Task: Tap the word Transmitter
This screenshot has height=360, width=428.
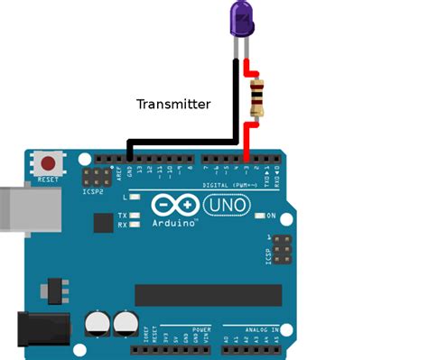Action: (x=173, y=104)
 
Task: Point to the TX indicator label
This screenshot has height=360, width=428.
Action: (x=122, y=216)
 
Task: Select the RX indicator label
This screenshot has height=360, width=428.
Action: (x=122, y=226)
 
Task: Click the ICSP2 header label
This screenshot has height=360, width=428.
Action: (x=93, y=192)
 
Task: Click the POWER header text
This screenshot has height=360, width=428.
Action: (x=200, y=329)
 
